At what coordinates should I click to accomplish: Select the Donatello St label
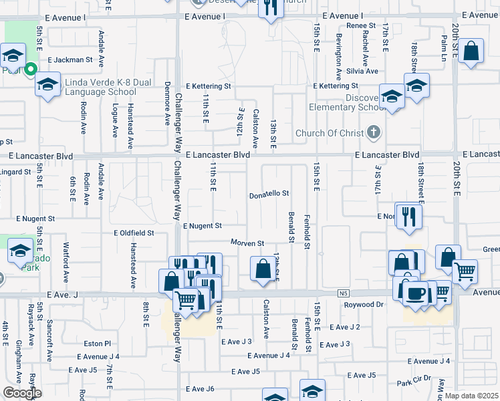(269, 194)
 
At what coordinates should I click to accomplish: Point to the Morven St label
(248, 243)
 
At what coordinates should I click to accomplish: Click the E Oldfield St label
(134, 233)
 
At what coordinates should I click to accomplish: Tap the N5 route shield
(344, 293)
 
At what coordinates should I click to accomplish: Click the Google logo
(22, 393)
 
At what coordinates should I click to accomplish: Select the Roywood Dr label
(363, 305)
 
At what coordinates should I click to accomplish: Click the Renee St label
(360, 25)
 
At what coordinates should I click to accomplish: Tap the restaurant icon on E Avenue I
(271, 9)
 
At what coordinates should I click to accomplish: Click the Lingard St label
(16, 172)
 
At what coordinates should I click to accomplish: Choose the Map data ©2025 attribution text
(471, 396)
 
